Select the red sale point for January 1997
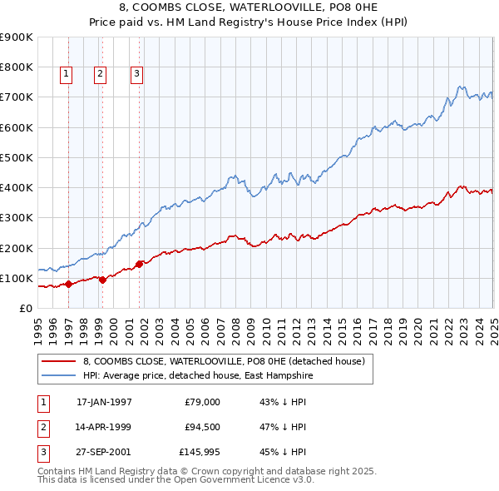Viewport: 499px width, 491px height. [68, 284]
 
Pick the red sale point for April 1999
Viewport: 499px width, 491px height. [102, 280]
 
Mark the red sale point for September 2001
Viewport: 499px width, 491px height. [139, 264]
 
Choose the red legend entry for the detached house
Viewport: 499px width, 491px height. [224, 362]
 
